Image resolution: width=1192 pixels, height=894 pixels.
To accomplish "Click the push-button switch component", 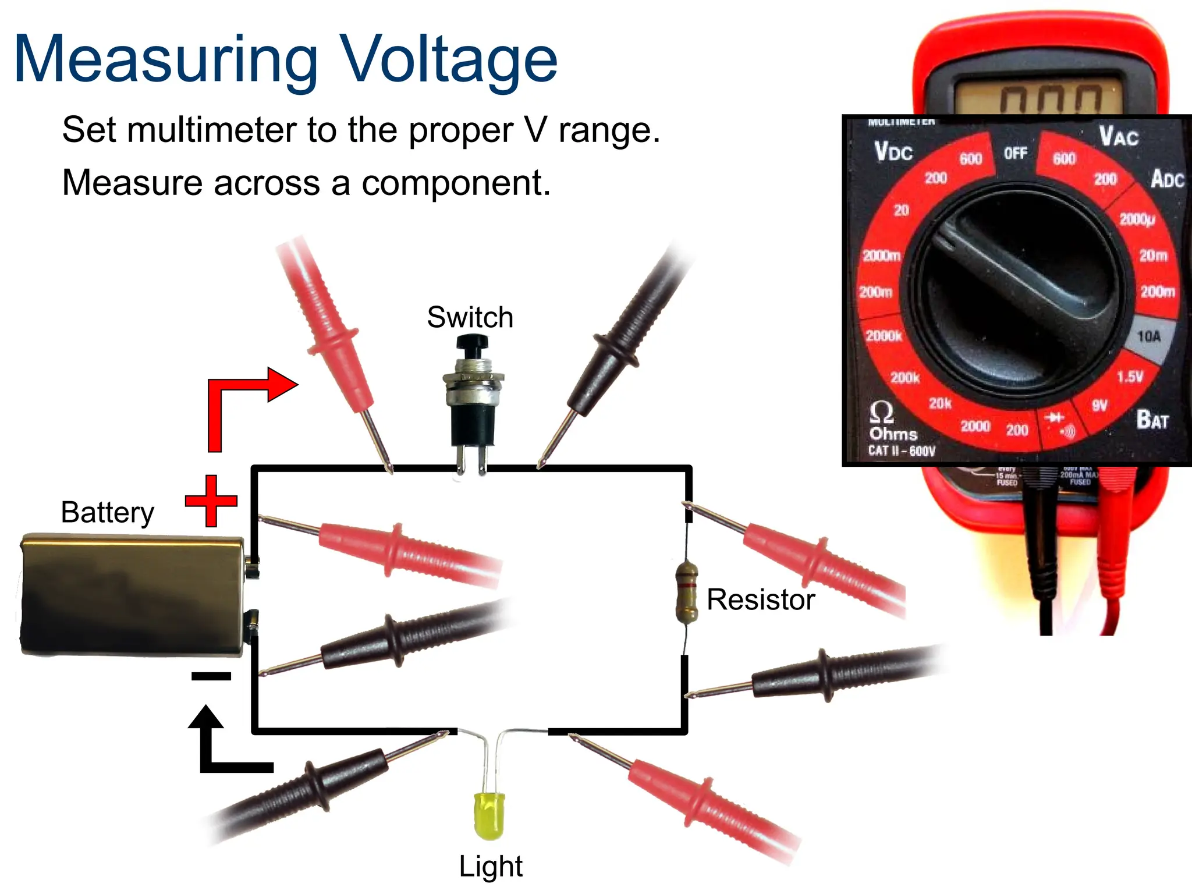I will point(473,396).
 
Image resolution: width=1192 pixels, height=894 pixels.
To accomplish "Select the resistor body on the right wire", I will point(687,591).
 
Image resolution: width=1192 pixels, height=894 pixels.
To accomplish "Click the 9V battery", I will point(133,595).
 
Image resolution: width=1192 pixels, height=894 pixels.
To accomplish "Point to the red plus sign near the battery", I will point(211,501).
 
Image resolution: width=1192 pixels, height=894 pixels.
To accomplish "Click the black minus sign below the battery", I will point(211,676).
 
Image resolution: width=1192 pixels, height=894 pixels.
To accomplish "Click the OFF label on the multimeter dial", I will point(1015,153).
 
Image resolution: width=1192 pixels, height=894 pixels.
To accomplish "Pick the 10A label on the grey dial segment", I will point(1148,336).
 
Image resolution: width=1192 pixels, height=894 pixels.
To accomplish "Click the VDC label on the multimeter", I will point(893,151).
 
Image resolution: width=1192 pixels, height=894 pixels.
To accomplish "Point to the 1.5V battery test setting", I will point(1130,377).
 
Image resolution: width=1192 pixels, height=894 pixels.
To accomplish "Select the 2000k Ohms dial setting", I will point(884,336).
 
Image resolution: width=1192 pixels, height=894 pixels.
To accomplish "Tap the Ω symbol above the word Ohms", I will point(881,413).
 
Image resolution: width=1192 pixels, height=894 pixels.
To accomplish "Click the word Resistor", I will point(760,599).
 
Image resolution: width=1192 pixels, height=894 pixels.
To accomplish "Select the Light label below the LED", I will point(490,866).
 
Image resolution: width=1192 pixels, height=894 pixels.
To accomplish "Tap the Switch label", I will point(470,317).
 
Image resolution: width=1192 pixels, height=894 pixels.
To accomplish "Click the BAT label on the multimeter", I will point(1152,419).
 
